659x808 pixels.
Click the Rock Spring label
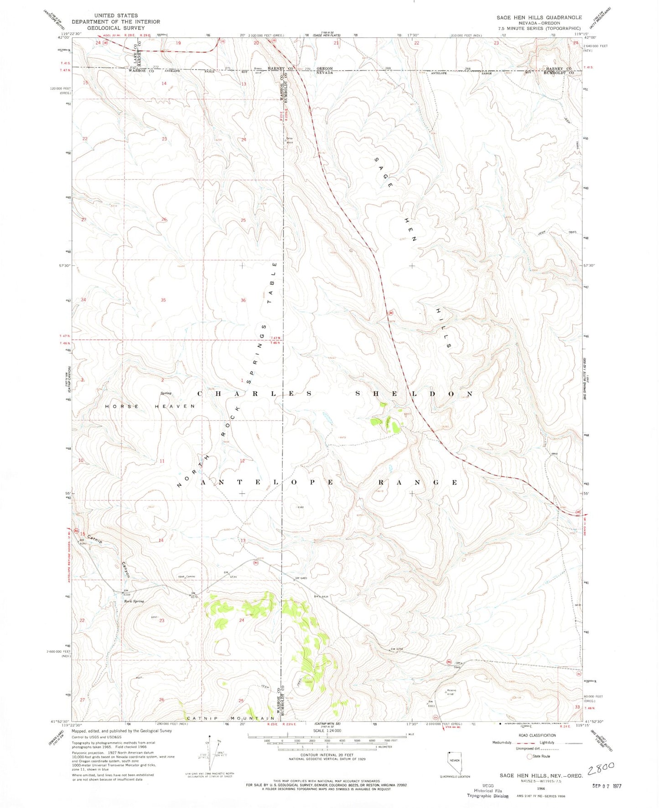tap(134, 601)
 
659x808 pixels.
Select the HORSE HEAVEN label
tap(150, 406)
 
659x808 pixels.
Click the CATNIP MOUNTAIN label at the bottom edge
tap(231, 718)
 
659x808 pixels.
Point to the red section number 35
tap(163, 300)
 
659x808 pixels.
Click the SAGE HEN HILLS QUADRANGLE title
tap(539, 17)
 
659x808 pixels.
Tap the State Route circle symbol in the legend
tap(529, 756)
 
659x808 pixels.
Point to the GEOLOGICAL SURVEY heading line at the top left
tap(116, 28)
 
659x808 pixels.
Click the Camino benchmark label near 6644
tap(190, 577)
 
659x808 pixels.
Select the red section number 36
tap(243, 300)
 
